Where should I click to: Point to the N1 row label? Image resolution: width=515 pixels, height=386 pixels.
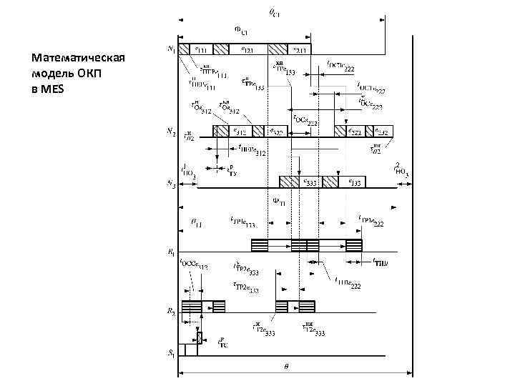pos(172,49)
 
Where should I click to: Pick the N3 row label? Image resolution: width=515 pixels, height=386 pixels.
pos(172,184)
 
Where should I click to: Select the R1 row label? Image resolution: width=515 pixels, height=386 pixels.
pos(172,251)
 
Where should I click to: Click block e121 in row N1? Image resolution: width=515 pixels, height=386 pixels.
pos(247,49)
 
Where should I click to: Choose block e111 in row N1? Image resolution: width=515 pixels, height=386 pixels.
pos(204,49)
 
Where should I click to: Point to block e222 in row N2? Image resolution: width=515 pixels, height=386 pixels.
pos(353,131)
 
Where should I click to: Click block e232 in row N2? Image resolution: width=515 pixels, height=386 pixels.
pos(383,131)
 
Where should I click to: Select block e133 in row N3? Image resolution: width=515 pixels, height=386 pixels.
pos(354,181)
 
